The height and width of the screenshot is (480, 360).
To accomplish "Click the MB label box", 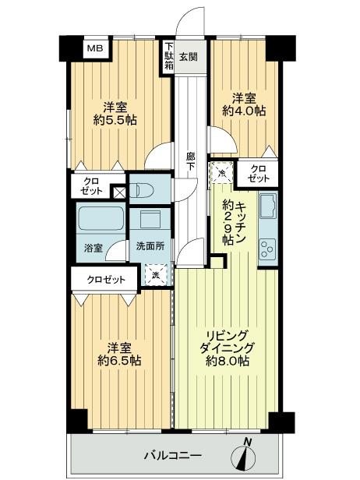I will pos(94,48).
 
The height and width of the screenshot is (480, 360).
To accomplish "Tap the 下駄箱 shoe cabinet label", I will pos(168,57).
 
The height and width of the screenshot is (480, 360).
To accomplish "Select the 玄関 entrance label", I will pos(189,57).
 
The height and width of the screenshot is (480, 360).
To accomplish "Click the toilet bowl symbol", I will pos(146,189).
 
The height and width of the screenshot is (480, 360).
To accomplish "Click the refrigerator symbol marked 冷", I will pos(221,172).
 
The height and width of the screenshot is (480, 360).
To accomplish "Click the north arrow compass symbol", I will pos(249,455).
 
